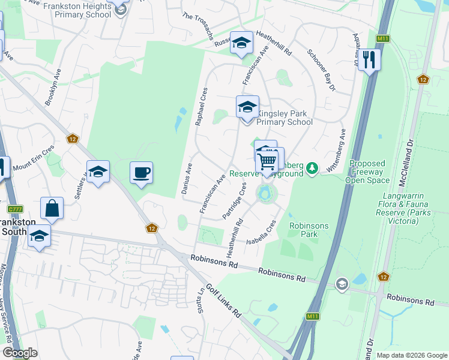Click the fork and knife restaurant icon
pos(369,59)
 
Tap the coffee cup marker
pos(141,173)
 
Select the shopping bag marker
pos(52,208)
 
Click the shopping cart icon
pos(267,161)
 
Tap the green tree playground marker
pos(312,168)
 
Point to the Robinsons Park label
pos(309,230)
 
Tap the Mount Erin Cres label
pos(34,157)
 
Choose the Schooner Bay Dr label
pos(322,70)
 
